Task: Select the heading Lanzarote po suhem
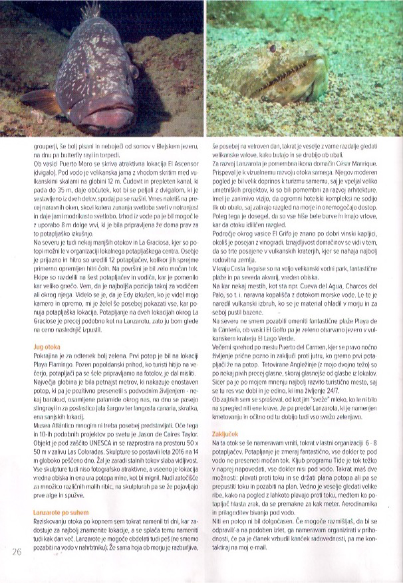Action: pyautogui.click(x=61, y=512)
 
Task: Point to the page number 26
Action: pyautogui.click(x=17, y=550)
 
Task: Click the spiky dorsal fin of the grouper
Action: pyautogui.click(x=88, y=13)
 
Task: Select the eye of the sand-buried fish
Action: pyautogui.click(x=271, y=49)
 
